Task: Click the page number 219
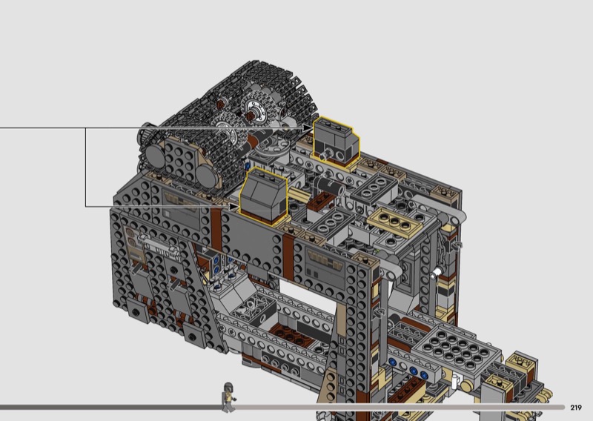pyautogui.click(x=576, y=408)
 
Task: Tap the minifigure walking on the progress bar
pyautogui.click(x=228, y=397)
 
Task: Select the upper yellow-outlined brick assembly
pyautogui.click(x=336, y=142)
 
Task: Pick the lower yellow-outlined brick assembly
pyautogui.click(x=264, y=196)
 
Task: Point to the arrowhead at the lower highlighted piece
pyautogui.click(x=233, y=207)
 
